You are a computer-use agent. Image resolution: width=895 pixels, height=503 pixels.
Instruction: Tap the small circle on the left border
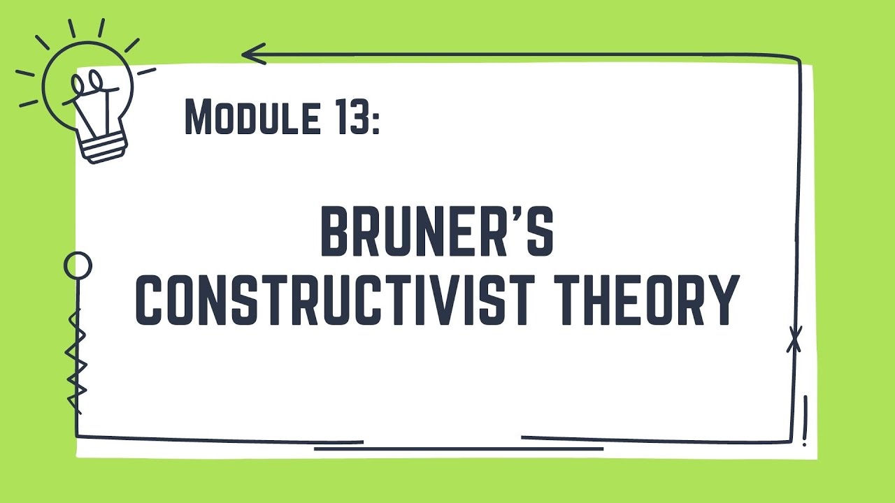[x=78, y=266]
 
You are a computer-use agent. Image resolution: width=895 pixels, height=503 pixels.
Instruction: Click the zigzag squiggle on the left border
[x=76, y=360]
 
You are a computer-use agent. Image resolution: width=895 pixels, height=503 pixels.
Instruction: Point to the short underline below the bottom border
[x=458, y=449]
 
